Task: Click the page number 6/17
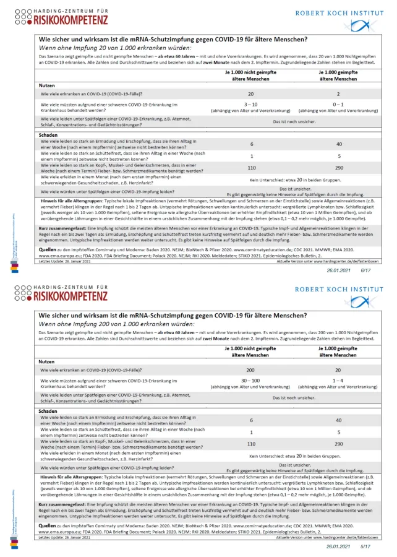(x=365, y=270)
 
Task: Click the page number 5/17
(x=365, y=547)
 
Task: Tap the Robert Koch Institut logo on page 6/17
(x=348, y=19)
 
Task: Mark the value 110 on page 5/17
(x=251, y=444)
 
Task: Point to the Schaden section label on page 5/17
(x=48, y=410)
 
